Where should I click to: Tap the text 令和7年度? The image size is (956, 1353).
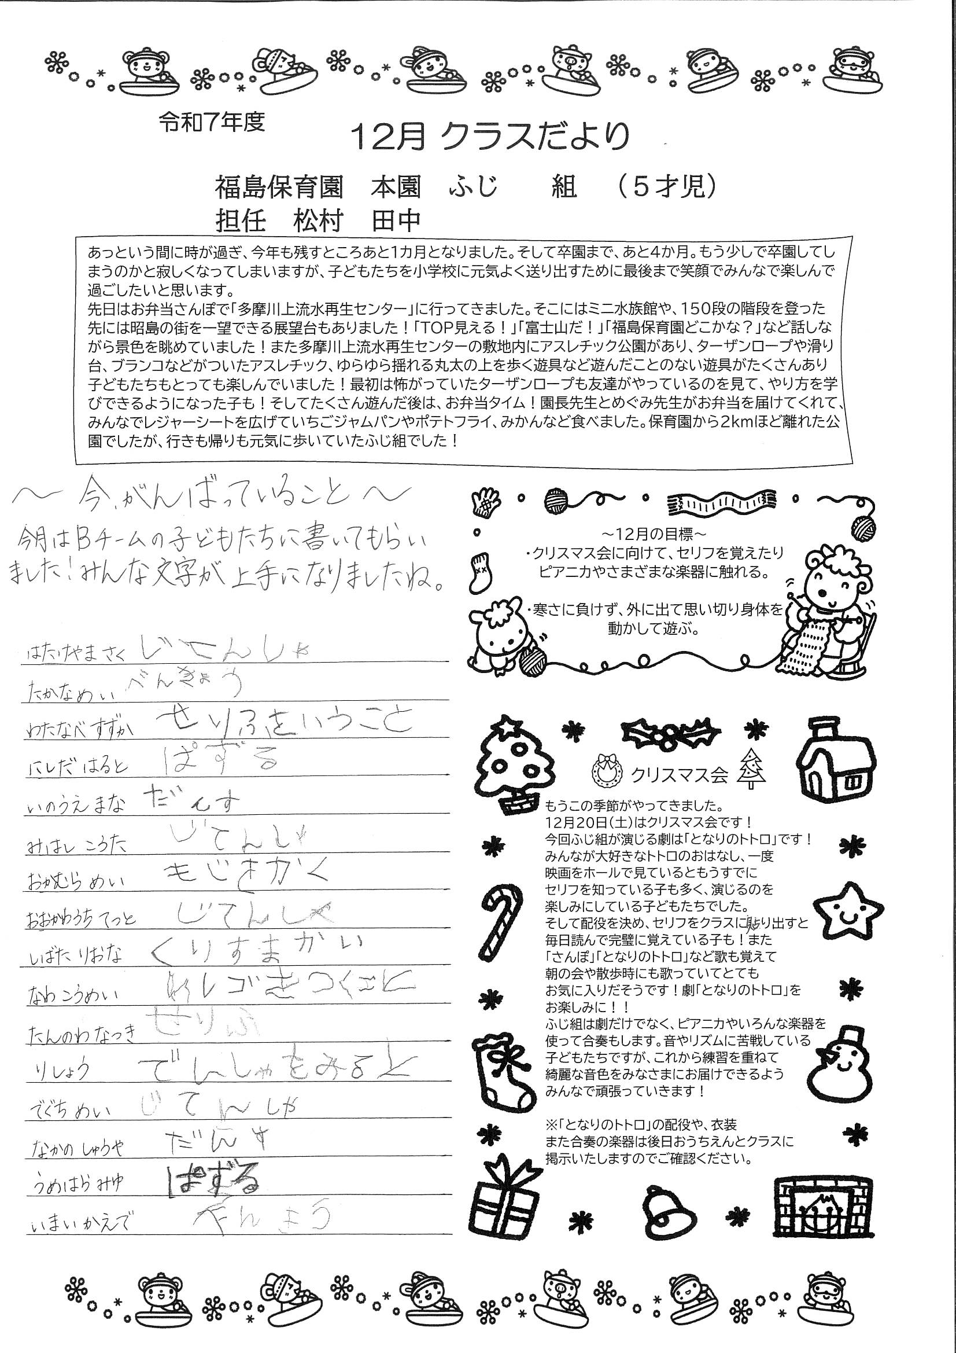point(212,122)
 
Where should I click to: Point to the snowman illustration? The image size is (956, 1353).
point(841,1063)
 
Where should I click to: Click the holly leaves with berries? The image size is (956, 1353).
point(671,733)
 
